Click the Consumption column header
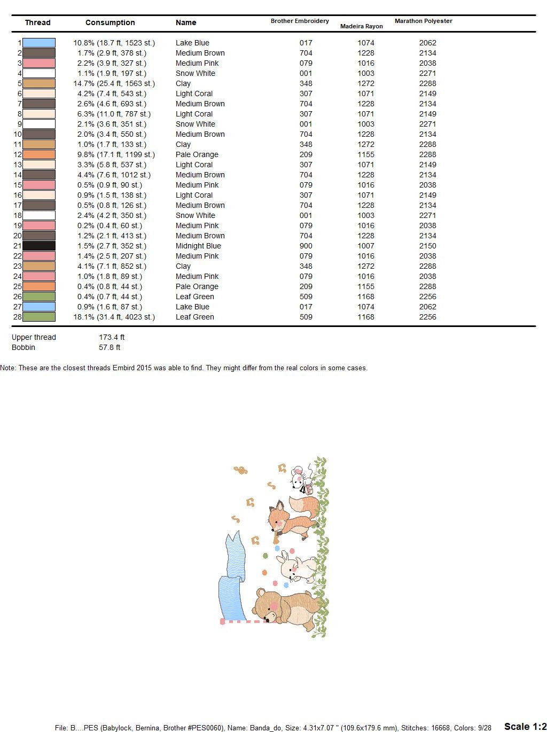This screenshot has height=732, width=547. click(x=110, y=22)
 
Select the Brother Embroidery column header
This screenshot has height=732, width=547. click(x=300, y=21)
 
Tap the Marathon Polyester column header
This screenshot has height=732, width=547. click(x=423, y=21)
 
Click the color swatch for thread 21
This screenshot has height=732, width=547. click(x=39, y=246)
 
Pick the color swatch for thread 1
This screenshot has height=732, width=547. click(x=39, y=43)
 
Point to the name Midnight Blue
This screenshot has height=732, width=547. click(x=198, y=246)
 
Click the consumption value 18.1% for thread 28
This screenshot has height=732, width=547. click(x=114, y=317)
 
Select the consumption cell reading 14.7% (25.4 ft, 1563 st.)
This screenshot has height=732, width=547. click(x=114, y=83)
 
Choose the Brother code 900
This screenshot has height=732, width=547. click(x=306, y=246)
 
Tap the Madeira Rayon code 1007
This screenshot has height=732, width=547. click(x=366, y=246)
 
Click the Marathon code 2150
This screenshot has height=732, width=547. click(x=427, y=246)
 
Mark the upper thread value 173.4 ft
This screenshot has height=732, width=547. click(x=112, y=337)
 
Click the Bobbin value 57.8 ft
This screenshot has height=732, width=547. click(x=110, y=347)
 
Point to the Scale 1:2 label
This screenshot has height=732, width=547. click(x=525, y=726)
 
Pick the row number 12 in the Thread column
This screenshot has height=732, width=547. click(x=18, y=154)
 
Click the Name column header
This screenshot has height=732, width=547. click(x=186, y=22)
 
